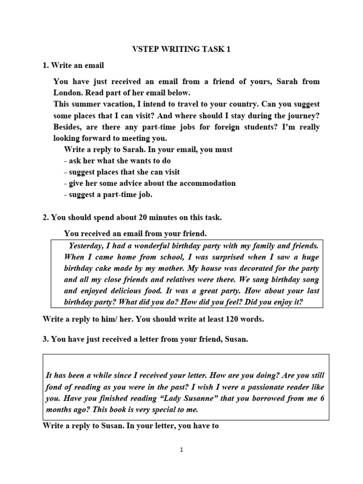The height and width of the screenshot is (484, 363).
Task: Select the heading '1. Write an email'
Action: [x=73, y=65]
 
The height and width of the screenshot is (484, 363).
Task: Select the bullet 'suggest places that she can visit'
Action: [x=122, y=172]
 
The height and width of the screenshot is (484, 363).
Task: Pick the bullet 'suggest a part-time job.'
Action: [x=108, y=194]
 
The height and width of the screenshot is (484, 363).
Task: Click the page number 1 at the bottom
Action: [x=181, y=450]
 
